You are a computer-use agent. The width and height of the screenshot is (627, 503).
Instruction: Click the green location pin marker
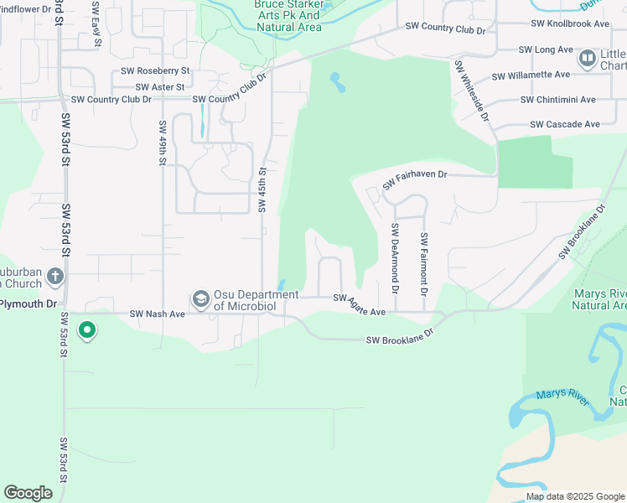[86, 330]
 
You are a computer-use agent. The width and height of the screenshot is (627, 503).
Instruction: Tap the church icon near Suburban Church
[54, 276]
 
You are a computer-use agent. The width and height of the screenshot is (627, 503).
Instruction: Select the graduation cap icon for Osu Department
[200, 299]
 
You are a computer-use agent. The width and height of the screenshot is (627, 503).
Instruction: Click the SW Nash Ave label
[156, 314]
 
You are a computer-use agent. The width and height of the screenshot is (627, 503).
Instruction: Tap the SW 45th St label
[262, 189]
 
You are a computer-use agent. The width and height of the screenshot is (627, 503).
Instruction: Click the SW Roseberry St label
[155, 71]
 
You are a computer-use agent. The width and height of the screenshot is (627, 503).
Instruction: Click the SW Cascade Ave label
[565, 124]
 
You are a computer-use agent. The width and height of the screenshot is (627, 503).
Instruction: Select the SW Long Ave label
[546, 50]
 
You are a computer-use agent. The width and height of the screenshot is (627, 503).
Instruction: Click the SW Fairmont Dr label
[424, 263]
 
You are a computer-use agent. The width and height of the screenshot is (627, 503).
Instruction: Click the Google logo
[28, 493]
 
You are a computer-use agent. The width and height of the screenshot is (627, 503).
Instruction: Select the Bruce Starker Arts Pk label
[288, 15]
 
